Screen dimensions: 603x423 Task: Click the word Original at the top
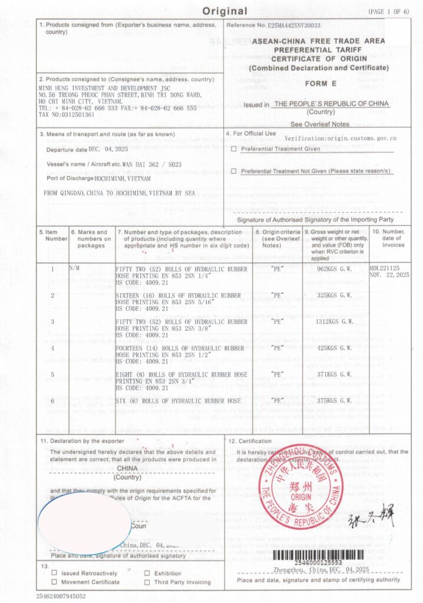(225, 11)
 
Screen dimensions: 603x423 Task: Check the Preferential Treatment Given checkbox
(234, 149)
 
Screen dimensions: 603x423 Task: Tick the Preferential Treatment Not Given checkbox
(234, 171)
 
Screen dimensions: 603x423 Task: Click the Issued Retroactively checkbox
(54, 573)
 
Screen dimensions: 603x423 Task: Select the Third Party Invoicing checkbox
(147, 582)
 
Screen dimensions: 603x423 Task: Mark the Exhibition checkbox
(147, 573)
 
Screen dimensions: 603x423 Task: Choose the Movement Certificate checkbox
(54, 582)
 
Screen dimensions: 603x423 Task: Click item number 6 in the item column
(52, 401)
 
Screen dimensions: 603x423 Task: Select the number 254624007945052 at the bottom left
(61, 596)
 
